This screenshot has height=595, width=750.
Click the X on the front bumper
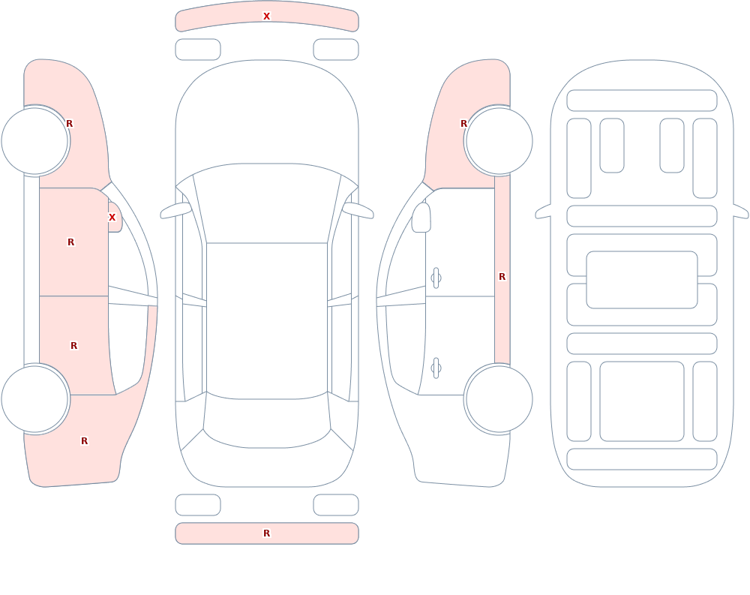click(266, 17)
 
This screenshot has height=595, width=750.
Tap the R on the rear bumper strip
click(266, 533)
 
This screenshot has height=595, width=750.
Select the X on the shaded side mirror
click(112, 218)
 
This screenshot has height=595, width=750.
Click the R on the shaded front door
click(70, 242)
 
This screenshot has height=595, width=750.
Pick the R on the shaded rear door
click(73, 346)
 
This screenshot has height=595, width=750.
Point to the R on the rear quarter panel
click(84, 441)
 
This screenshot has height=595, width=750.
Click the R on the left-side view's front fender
click(69, 124)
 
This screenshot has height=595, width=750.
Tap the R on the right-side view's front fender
click(463, 124)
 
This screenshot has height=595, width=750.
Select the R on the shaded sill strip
click(502, 277)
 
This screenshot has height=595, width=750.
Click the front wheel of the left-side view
click(34, 141)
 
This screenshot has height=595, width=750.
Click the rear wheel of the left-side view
click(34, 399)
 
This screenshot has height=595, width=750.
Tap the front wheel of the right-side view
click(499, 141)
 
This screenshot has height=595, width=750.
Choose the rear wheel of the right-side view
click(499, 399)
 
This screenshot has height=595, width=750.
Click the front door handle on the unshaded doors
click(436, 278)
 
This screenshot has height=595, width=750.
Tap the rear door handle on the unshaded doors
click(436, 368)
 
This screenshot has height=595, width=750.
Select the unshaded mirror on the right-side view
click(421, 218)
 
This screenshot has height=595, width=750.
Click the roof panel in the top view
click(267, 320)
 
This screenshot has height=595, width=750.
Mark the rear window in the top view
click(267, 421)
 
